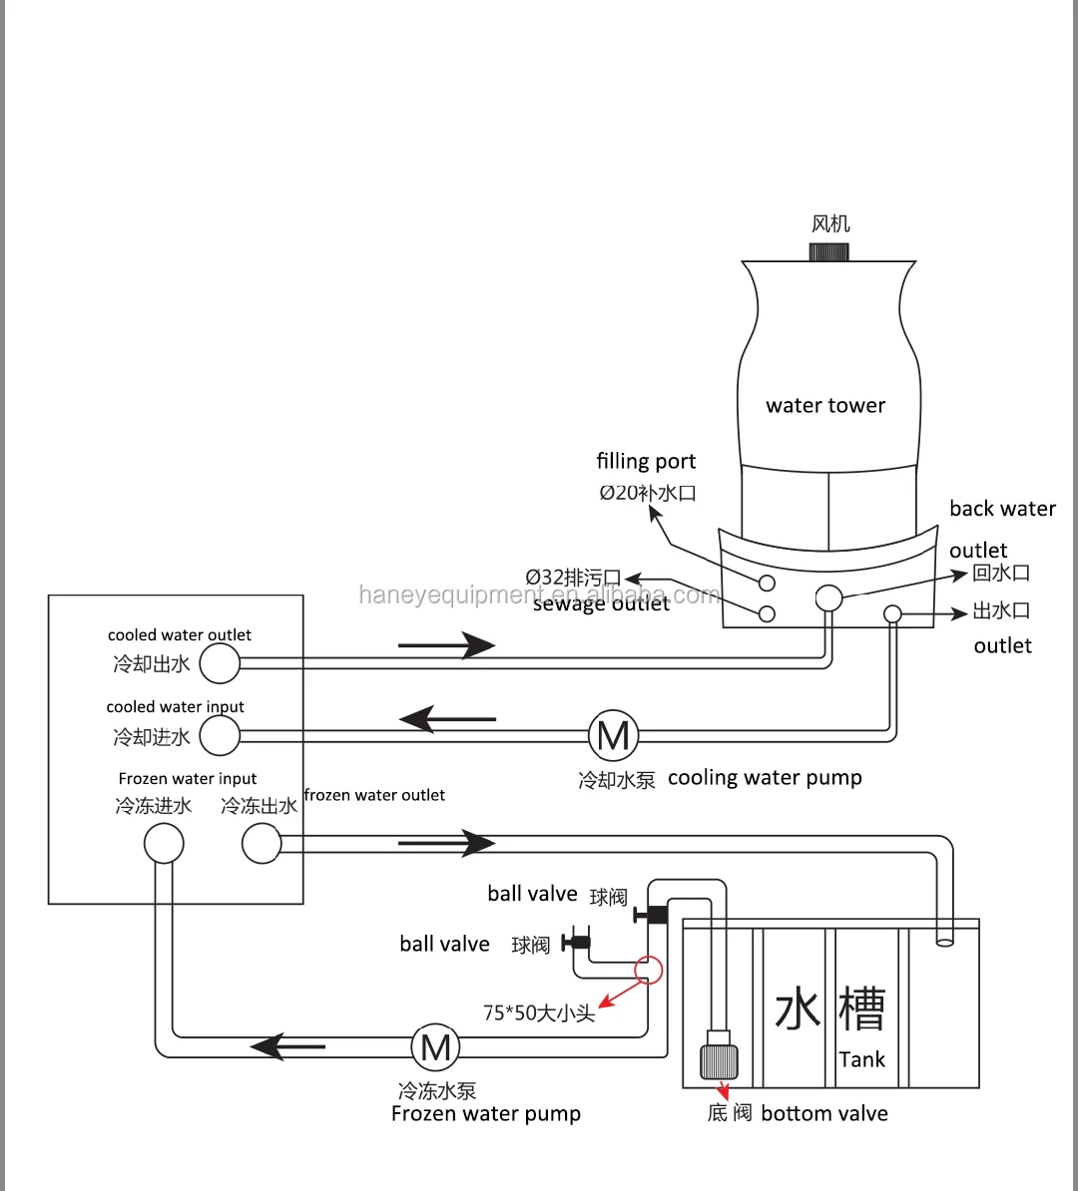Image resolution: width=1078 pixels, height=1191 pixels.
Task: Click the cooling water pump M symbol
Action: [614, 735]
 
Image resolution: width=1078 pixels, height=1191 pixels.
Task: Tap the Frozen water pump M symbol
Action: [435, 1047]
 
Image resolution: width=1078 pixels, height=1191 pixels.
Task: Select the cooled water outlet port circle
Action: [220, 663]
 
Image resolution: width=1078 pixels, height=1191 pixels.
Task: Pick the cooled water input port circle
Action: [220, 735]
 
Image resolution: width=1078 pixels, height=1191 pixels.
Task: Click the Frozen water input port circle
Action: [165, 844]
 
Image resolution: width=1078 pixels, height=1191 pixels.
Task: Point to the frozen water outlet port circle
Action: [262, 844]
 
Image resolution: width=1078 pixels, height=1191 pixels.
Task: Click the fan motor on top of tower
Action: [828, 252]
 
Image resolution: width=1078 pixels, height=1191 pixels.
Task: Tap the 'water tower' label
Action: [825, 406]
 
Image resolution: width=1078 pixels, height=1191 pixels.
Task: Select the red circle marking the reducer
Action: [649, 970]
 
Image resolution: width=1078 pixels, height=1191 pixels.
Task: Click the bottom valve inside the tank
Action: [719, 1055]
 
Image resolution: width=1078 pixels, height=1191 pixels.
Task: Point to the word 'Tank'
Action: [862, 1059]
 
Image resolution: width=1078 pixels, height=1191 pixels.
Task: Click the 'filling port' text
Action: [646, 461]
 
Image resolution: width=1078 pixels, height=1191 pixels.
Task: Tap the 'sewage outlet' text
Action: [601, 603]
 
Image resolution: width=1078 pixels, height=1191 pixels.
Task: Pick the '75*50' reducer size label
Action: [513, 1013]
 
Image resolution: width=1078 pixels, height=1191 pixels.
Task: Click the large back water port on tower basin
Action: [828, 597]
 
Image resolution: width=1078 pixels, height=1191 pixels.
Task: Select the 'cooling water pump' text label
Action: [765, 779]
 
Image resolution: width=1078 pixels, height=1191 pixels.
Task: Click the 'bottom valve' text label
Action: [824, 1113]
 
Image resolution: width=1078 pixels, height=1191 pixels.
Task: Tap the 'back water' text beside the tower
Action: [1003, 508]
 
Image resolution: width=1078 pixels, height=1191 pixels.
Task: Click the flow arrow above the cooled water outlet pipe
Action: [446, 645]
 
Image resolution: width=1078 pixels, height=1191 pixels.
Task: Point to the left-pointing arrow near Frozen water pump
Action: [287, 1046]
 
